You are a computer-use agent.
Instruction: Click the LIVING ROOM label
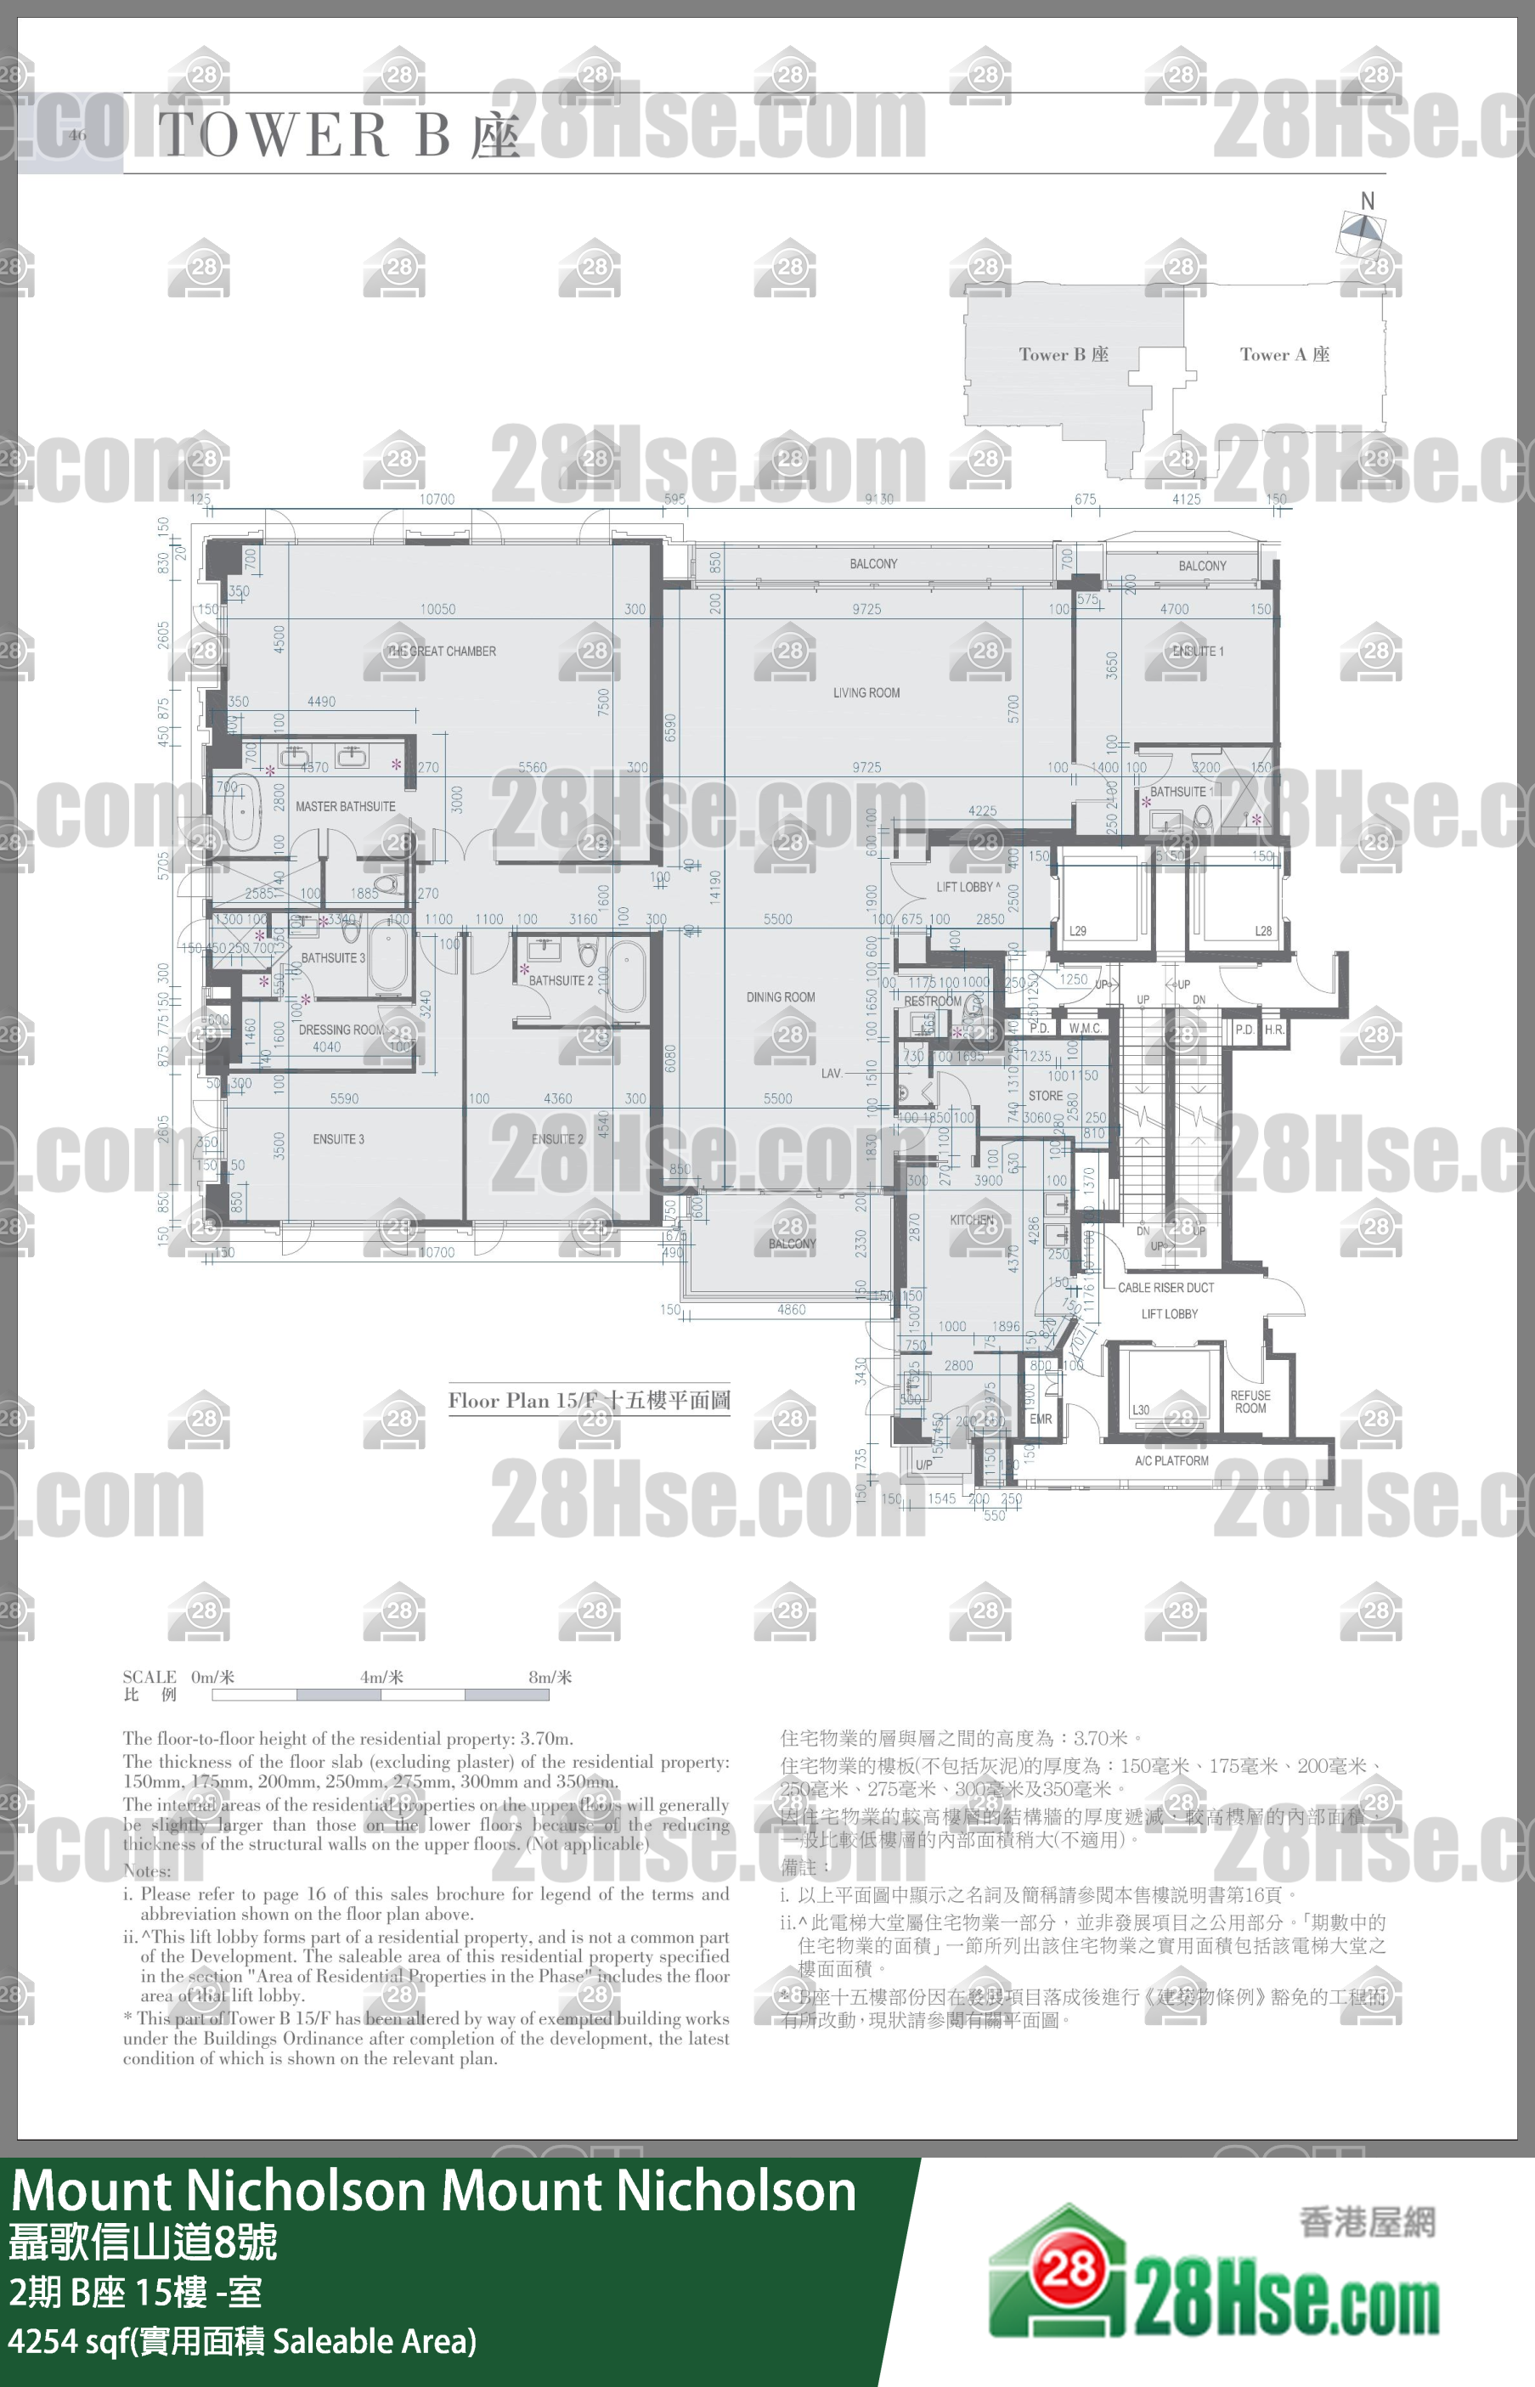pos(866,692)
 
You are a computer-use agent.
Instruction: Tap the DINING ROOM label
pos(781,996)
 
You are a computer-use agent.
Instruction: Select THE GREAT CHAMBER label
pos(442,651)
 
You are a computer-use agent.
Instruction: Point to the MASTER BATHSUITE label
pos(345,806)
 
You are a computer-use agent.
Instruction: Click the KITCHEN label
pos(971,1220)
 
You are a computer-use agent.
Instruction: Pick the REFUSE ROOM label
pos(1250,1402)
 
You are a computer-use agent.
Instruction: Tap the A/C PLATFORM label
pos(1171,1461)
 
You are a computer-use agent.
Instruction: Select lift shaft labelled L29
pos(1077,931)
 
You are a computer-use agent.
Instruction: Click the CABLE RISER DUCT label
pos(1165,1288)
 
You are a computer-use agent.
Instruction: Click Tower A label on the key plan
pos(1284,355)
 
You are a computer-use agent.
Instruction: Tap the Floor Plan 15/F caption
pos(588,1400)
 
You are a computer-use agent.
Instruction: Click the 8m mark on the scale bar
pos(550,1678)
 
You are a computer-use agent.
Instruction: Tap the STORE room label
pos(1045,1095)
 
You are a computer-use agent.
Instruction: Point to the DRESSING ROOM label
pos(341,1030)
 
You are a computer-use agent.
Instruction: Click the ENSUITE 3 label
pos(338,1139)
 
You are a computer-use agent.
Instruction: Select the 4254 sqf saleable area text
pos(242,2340)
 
